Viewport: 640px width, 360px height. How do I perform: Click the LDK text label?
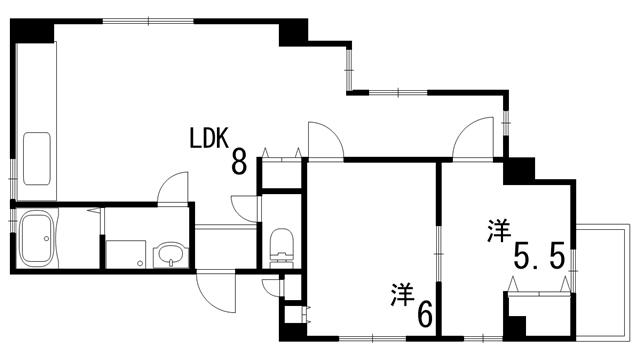click(211, 138)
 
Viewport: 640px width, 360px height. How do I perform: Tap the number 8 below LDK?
click(239, 163)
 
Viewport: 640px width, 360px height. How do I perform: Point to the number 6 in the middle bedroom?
click(425, 315)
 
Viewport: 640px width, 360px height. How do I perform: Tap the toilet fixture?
click(280, 243)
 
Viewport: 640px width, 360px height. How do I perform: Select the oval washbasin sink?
click(169, 252)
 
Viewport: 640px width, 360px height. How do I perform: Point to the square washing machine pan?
click(125, 253)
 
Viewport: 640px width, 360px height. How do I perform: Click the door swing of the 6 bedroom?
click(324, 140)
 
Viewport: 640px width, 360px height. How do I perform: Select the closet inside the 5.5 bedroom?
click(541, 309)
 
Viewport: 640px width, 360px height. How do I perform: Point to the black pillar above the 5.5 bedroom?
click(519, 171)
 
